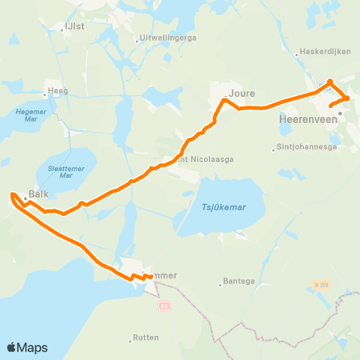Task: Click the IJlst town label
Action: tap(75, 25)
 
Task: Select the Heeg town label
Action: tap(58, 91)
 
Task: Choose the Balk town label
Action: tap(38, 193)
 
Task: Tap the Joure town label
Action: tap(241, 94)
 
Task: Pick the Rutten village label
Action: tap(145, 337)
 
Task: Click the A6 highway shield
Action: tap(163, 306)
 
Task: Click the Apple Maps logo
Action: tap(27, 347)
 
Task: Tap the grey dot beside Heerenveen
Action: tap(340, 114)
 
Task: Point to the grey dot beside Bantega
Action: tap(221, 283)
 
